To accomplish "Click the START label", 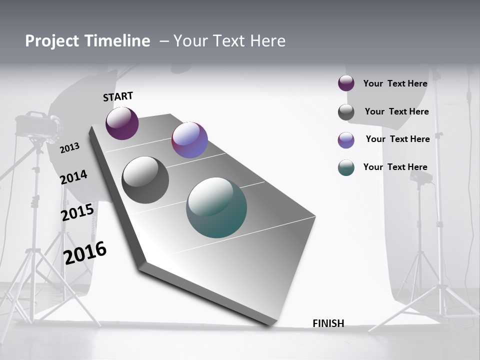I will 118,96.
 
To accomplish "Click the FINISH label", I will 328,323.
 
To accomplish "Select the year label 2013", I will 69,147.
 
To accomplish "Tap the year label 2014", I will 73,177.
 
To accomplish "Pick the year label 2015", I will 77,212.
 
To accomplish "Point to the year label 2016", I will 85,252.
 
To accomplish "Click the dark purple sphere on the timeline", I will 122,123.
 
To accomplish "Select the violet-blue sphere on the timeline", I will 189,140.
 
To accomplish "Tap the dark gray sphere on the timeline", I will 145,180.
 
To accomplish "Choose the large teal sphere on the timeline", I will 216,207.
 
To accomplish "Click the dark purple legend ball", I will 346,83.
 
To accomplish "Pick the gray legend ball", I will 346,112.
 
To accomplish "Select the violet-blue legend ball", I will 346,140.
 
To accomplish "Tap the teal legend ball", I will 346,167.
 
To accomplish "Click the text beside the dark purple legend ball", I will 395,83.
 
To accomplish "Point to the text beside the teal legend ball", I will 395,167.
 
